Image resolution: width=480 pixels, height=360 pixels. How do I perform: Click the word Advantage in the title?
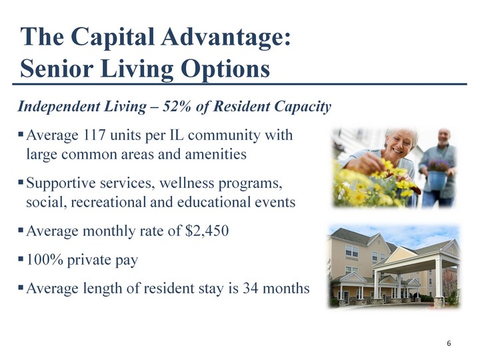(x=226, y=37)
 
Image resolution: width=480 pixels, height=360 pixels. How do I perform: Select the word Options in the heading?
(x=225, y=69)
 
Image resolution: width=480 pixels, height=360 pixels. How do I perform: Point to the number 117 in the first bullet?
(x=93, y=135)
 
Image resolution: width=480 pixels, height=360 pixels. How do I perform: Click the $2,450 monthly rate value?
(x=207, y=231)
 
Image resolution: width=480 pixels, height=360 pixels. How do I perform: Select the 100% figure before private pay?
(x=45, y=259)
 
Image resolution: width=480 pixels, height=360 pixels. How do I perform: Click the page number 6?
(x=449, y=343)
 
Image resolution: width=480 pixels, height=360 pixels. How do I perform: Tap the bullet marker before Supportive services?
(x=21, y=182)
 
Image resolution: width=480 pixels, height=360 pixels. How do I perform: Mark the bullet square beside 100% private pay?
(x=21, y=259)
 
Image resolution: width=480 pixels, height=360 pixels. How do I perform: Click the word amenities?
(x=215, y=154)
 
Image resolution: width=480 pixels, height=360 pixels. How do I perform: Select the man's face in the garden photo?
(x=444, y=138)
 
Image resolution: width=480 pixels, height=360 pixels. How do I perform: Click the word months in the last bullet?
(x=286, y=288)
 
